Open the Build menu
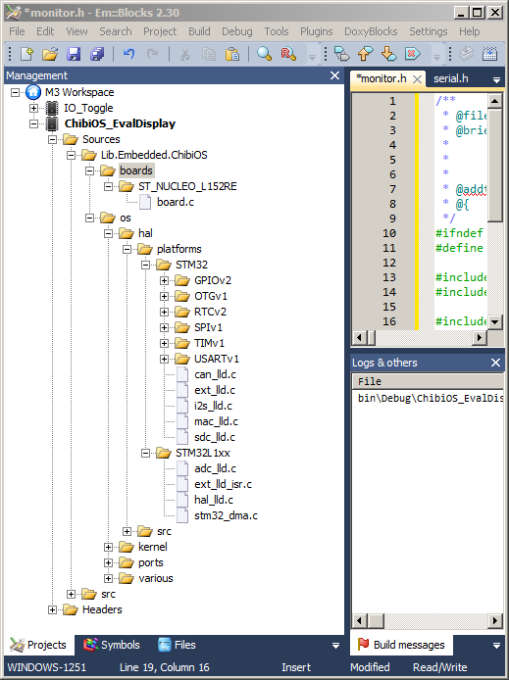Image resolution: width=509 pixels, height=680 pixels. click(199, 31)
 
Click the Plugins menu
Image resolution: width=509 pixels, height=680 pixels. click(317, 31)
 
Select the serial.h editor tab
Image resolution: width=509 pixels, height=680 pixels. click(451, 78)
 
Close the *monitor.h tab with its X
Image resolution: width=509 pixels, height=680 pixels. click(417, 79)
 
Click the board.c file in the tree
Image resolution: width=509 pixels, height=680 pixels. click(176, 202)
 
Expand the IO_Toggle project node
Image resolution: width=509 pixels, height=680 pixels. click(34, 108)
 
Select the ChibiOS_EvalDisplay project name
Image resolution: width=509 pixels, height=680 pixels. click(120, 123)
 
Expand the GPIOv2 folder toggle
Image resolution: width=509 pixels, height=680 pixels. click(164, 280)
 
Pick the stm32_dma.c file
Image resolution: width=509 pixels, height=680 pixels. click(226, 515)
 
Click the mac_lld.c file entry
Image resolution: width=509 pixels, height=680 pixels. click(216, 421)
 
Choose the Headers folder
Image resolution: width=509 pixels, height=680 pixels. click(102, 609)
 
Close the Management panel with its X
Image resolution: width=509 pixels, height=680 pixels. click(334, 75)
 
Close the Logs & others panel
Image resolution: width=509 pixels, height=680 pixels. click(495, 363)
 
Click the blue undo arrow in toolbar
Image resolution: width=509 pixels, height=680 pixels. click(128, 54)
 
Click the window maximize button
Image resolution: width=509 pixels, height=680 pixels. click(477, 13)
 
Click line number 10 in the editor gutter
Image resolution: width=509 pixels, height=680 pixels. click(389, 233)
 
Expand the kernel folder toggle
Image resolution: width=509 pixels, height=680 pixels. click(109, 548)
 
